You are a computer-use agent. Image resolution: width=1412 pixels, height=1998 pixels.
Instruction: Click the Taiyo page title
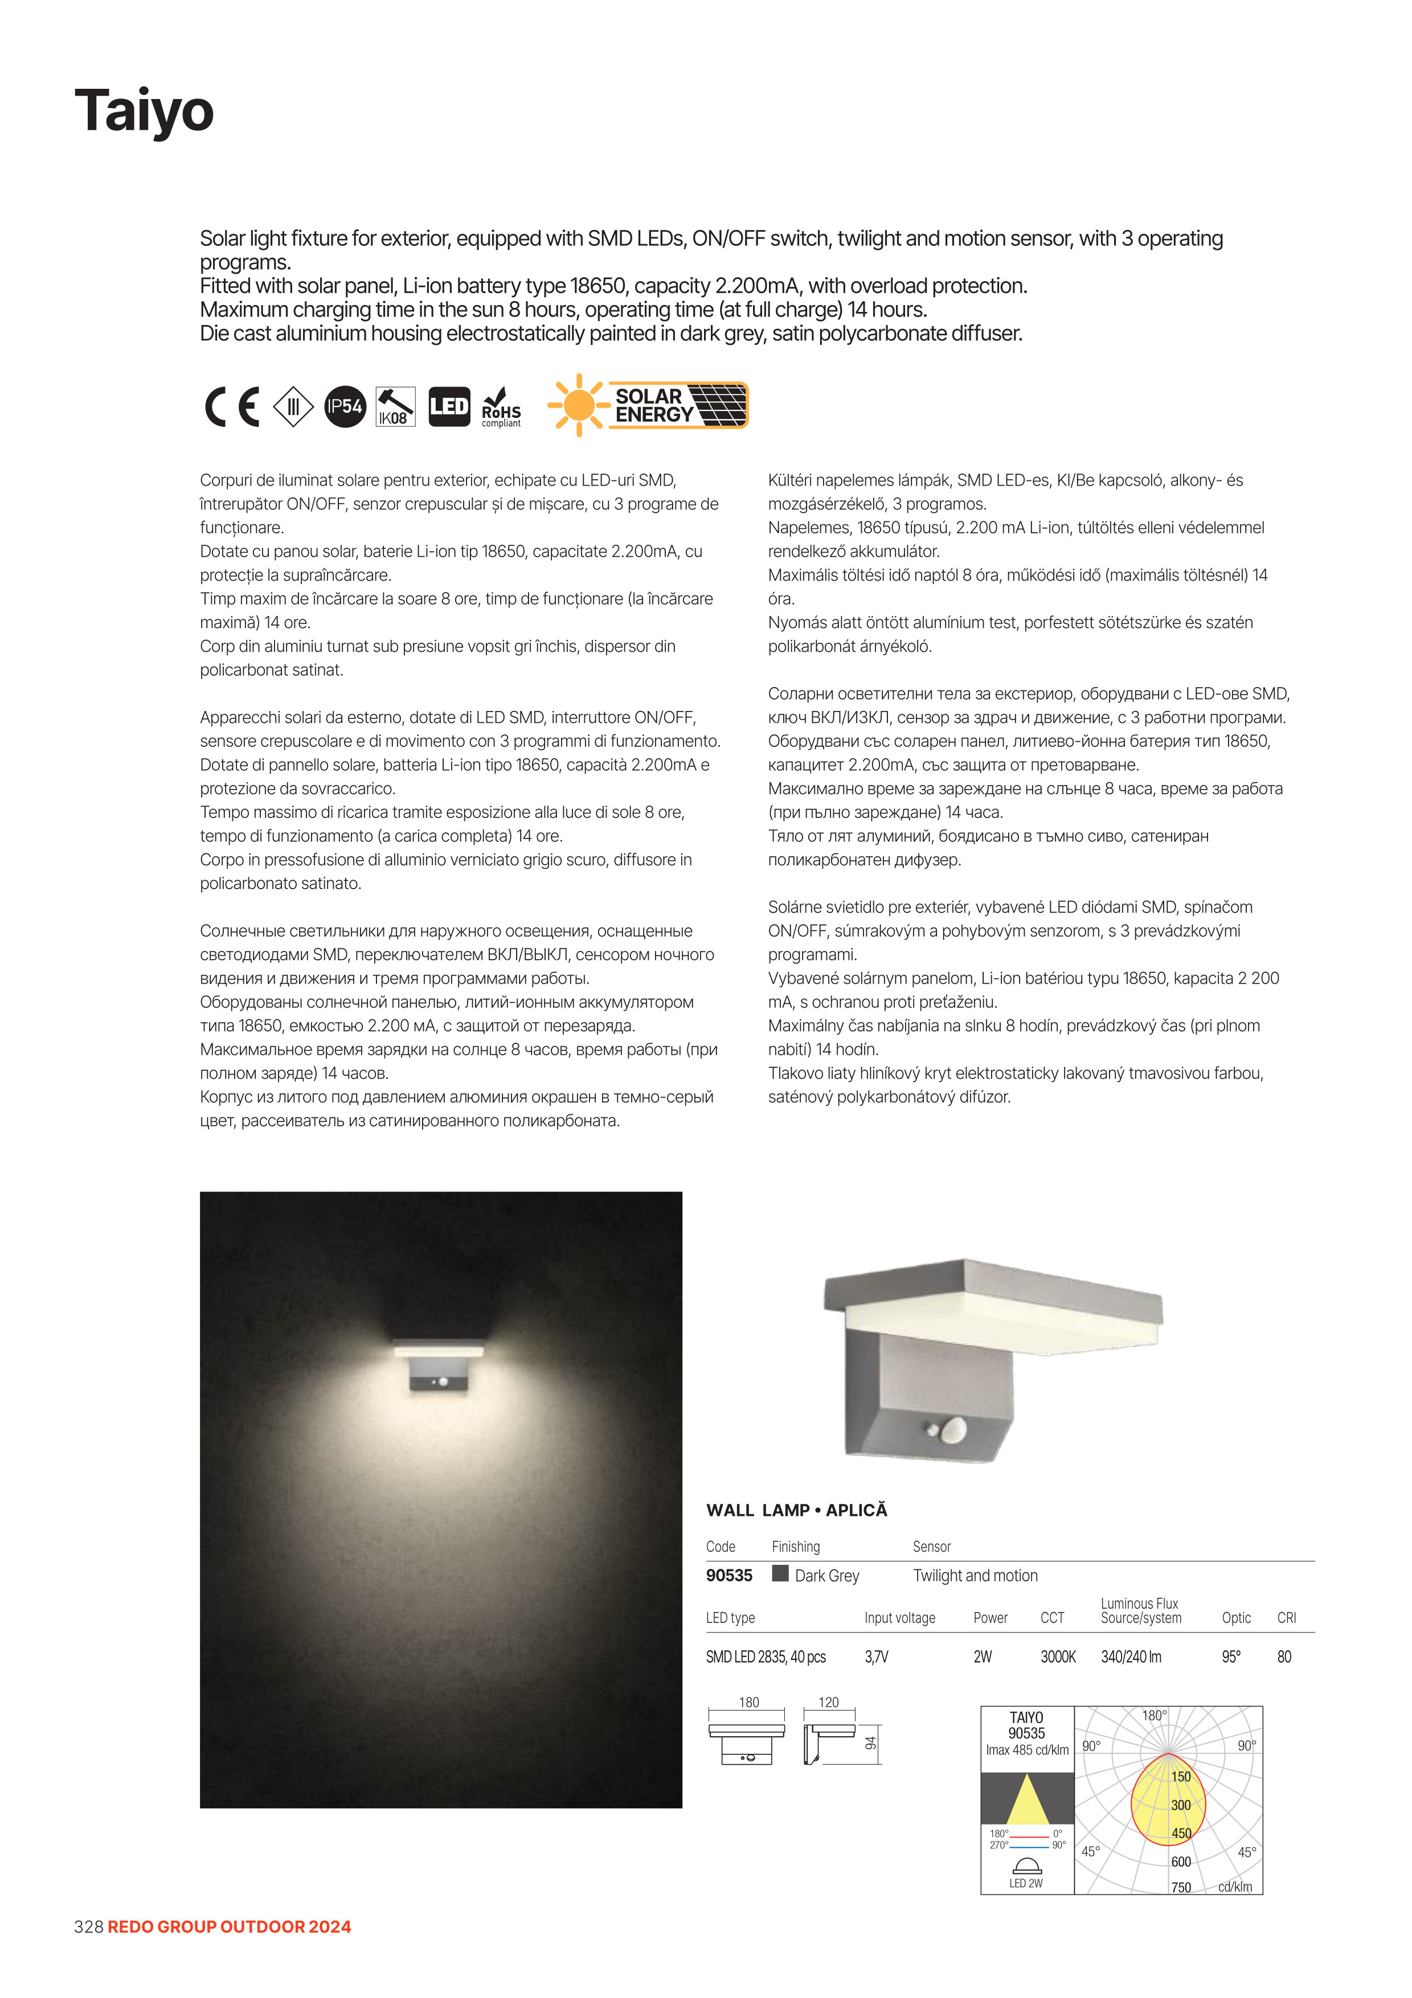pyautogui.click(x=145, y=110)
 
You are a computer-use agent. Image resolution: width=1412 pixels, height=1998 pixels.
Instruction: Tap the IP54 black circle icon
pyautogui.click(x=345, y=406)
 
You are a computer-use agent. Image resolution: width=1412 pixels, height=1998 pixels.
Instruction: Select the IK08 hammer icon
pyautogui.click(x=395, y=406)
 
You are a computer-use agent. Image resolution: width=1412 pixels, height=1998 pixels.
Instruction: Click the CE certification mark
pyautogui.click(x=232, y=406)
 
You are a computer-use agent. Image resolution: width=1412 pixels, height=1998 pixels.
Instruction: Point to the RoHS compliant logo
pyautogui.click(x=501, y=407)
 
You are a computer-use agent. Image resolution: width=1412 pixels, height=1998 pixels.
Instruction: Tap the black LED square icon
pyautogui.click(x=449, y=406)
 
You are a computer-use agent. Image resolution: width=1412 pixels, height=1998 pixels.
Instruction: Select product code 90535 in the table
pyautogui.click(x=728, y=1575)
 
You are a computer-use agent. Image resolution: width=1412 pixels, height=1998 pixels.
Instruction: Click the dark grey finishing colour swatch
pyautogui.click(x=780, y=1573)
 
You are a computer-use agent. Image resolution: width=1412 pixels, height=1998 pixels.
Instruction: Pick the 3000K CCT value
pyautogui.click(x=1058, y=1657)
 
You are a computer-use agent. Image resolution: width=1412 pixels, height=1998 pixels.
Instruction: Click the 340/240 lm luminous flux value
pyautogui.click(x=1130, y=1657)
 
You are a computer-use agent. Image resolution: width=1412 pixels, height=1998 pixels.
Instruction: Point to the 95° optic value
pyautogui.click(x=1231, y=1657)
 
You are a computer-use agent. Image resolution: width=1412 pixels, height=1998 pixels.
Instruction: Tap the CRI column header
pyautogui.click(x=1286, y=1618)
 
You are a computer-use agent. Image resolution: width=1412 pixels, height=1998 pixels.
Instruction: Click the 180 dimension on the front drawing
pyautogui.click(x=748, y=1702)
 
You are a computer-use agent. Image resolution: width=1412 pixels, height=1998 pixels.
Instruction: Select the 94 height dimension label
pyautogui.click(x=870, y=1743)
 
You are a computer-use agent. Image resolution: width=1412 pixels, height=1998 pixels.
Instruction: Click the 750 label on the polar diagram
pyautogui.click(x=1180, y=1888)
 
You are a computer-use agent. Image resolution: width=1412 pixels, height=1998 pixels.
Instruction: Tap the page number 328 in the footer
pyautogui.click(x=89, y=1927)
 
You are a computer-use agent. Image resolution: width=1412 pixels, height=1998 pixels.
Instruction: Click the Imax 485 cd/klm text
pyautogui.click(x=1026, y=1750)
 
